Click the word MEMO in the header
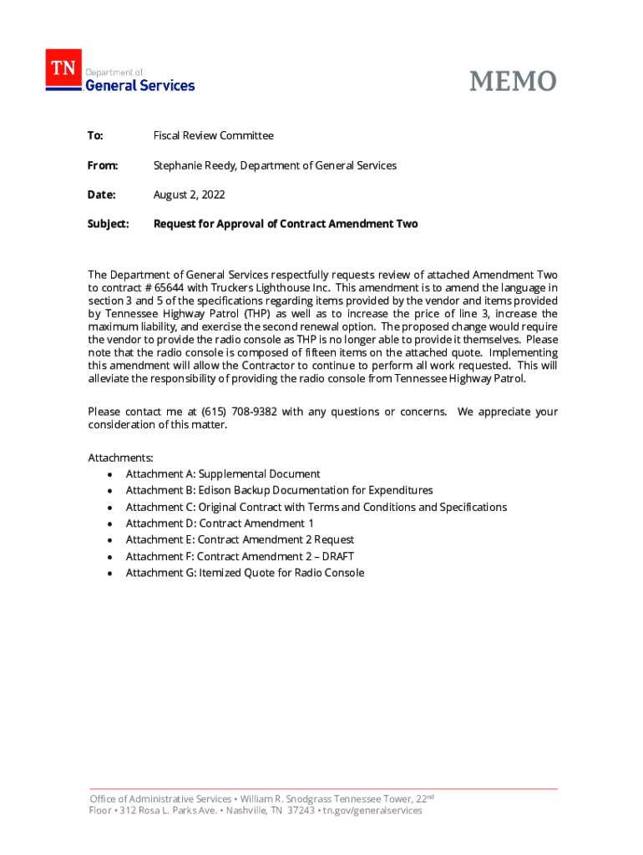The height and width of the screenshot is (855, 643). pyautogui.click(x=513, y=81)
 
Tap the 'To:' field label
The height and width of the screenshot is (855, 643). pyautogui.click(x=95, y=135)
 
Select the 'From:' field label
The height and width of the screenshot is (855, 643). pyautogui.click(x=103, y=165)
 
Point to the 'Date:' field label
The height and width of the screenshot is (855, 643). pyautogui.click(x=101, y=195)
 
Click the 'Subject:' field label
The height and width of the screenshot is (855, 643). pyautogui.click(x=109, y=224)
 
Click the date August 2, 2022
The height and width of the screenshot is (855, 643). pyautogui.click(x=189, y=195)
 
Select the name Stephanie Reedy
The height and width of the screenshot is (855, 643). pyautogui.click(x=195, y=165)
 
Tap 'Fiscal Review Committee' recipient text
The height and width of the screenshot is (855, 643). pyautogui.click(x=213, y=135)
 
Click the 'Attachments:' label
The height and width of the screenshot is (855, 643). pyautogui.click(x=120, y=458)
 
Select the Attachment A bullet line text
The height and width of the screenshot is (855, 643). pyautogui.click(x=223, y=473)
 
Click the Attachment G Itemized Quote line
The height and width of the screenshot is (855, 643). pyautogui.click(x=245, y=573)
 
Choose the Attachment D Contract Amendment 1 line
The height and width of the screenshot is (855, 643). pyautogui.click(x=220, y=524)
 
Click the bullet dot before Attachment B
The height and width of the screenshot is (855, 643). pyautogui.click(x=109, y=491)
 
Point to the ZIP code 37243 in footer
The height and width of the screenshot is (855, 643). pyautogui.click(x=299, y=810)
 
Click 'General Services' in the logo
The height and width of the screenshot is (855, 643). pyautogui.click(x=140, y=85)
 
